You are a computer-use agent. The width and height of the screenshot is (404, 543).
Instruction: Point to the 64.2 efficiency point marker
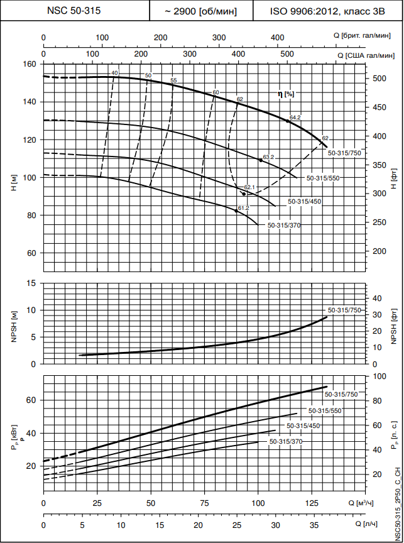tap(288, 121)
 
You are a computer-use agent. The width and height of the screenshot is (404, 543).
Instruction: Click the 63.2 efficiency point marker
tap(261, 160)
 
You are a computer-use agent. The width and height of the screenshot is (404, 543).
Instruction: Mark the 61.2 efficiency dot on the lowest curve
tap(236, 211)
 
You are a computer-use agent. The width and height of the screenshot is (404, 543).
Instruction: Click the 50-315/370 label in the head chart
tap(285, 225)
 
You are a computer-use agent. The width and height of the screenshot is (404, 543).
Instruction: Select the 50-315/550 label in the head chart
tap(323, 178)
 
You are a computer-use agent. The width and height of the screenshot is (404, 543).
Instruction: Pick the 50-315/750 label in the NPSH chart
tap(344, 310)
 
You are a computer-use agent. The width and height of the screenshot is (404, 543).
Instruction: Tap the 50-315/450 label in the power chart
tap(304, 426)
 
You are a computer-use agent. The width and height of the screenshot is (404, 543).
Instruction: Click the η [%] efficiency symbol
tap(286, 94)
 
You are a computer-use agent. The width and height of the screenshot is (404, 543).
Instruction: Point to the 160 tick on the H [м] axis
tap(29, 64)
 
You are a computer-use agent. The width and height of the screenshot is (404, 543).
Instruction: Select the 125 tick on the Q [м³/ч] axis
tap(312, 503)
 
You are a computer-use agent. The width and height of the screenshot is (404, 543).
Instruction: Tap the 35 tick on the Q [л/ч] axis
tap(314, 524)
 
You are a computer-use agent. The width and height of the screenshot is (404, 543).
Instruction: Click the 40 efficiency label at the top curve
tap(114, 73)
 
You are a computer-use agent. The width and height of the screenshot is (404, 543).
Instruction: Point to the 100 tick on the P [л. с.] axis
tap(379, 376)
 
